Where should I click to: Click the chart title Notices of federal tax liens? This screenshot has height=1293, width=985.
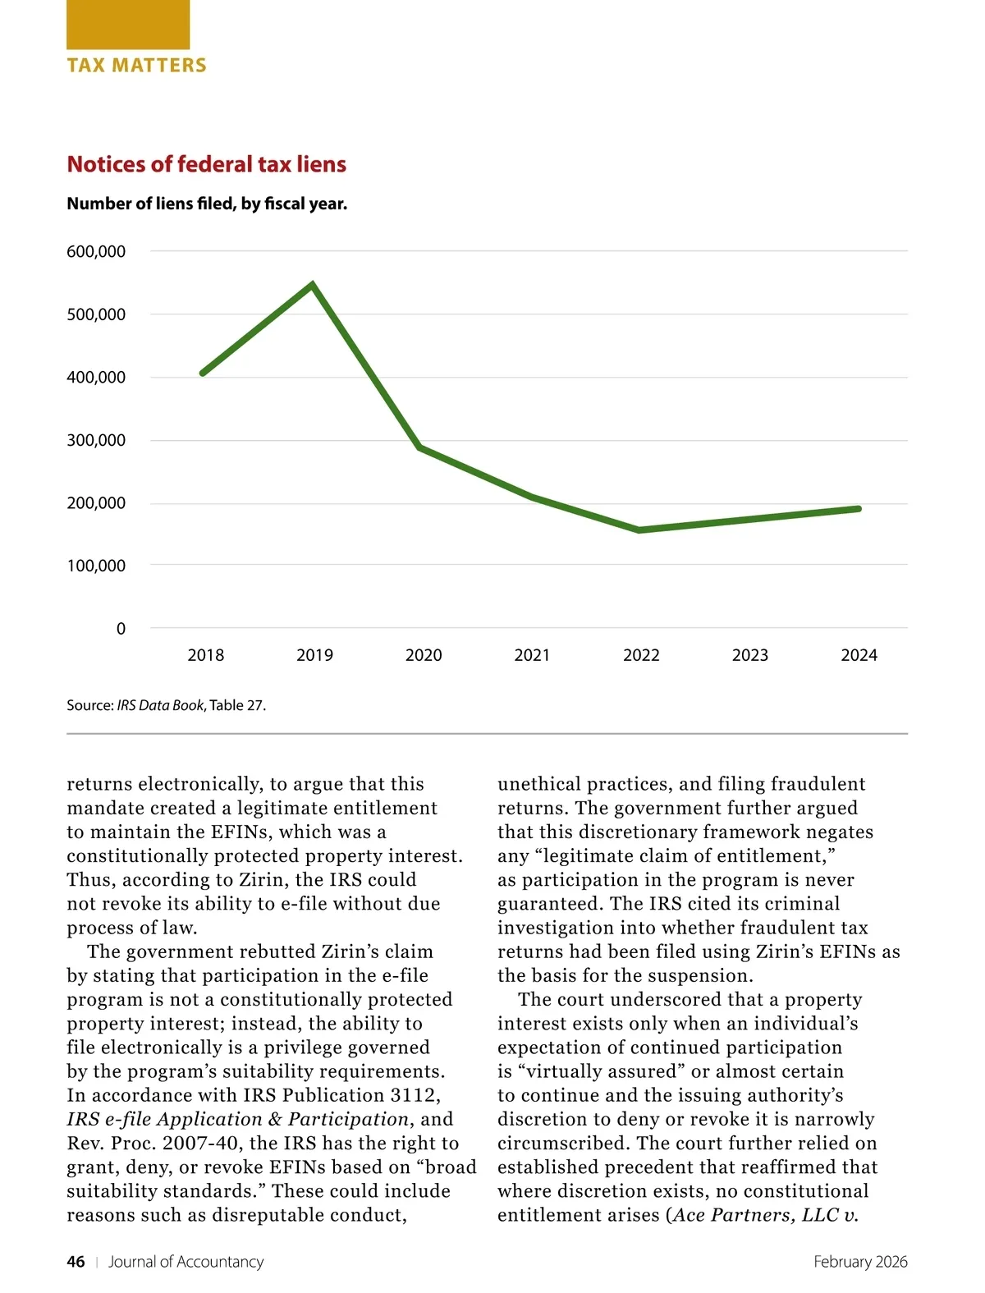(x=206, y=164)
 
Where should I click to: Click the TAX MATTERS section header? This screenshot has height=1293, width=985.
(x=136, y=66)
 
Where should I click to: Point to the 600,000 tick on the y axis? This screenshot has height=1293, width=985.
(x=96, y=252)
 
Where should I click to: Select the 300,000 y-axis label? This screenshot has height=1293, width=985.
(x=96, y=440)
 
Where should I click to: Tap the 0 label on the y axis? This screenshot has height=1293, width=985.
(x=121, y=629)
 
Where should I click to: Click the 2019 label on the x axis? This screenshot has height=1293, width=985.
(x=314, y=655)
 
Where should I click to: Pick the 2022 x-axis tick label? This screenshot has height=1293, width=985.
(x=641, y=655)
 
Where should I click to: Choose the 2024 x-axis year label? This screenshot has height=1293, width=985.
(x=859, y=655)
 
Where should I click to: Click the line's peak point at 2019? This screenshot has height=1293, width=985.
(x=313, y=285)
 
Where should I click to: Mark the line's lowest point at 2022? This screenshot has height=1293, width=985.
(x=639, y=530)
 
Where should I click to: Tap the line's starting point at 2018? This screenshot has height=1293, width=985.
(x=203, y=374)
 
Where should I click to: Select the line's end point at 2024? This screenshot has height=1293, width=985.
(x=859, y=509)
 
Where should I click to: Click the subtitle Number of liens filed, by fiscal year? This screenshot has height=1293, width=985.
(x=207, y=204)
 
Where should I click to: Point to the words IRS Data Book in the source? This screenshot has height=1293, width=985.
(x=160, y=705)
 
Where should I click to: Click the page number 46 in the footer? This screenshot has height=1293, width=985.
(x=76, y=1262)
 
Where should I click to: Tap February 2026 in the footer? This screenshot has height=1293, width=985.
(x=860, y=1262)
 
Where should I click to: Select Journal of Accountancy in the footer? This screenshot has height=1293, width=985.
(x=186, y=1262)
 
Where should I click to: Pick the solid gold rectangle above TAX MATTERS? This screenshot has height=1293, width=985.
(x=128, y=25)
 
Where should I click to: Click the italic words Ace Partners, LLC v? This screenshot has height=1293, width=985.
(x=765, y=1215)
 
